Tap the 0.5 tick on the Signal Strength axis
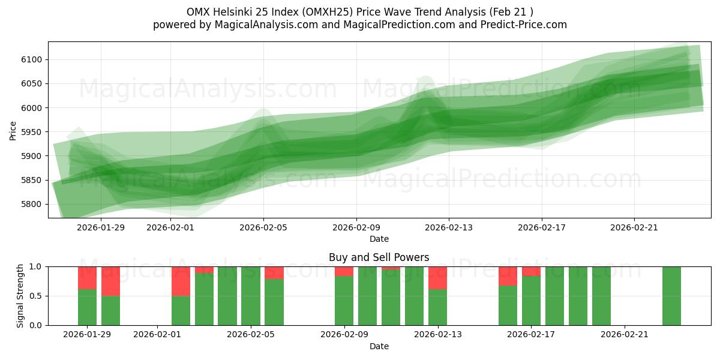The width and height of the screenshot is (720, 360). click(37, 296)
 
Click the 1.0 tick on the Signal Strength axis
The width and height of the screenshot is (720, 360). click(37, 266)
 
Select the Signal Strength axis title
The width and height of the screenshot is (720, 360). click(20, 295)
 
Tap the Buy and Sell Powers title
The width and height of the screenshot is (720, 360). click(379, 257)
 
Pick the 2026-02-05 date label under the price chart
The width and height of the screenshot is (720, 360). click(263, 227)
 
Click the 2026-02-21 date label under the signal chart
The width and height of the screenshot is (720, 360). click(625, 334)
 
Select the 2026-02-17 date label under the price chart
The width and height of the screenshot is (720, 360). click(542, 227)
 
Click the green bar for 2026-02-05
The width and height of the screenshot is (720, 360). click(274, 302)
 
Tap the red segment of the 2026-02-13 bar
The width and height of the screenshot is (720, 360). click(438, 278)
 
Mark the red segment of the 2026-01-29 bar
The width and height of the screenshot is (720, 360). click(88, 278)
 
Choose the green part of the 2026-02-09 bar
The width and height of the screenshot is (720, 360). click(344, 300)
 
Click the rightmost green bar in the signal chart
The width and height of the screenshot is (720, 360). click(671, 296)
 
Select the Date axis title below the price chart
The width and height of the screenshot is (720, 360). click(379, 239)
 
